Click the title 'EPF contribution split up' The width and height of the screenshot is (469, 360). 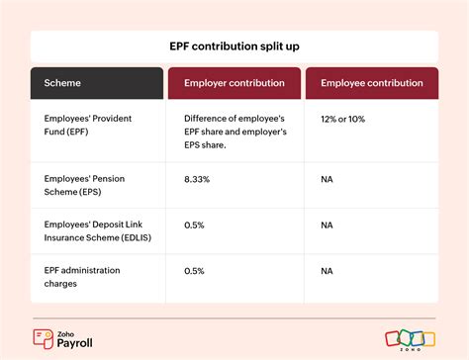(x=234, y=45)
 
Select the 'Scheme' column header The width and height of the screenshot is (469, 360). (x=58, y=83)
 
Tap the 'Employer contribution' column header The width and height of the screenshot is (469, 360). (x=234, y=83)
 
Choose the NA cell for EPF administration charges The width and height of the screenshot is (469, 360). (x=328, y=269)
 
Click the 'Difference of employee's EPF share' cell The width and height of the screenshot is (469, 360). (x=234, y=132)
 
